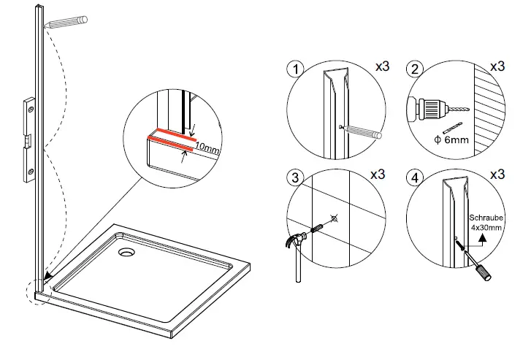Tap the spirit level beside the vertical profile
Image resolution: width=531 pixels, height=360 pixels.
(30, 139)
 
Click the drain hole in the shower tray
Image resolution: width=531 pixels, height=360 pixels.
(126, 253)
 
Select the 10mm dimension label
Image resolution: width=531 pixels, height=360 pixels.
(207, 149)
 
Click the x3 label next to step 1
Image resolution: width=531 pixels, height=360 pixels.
(381, 66)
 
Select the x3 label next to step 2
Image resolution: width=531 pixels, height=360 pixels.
(497, 66)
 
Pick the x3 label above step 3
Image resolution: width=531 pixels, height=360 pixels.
(378, 175)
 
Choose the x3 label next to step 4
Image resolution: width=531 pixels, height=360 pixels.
(497, 175)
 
